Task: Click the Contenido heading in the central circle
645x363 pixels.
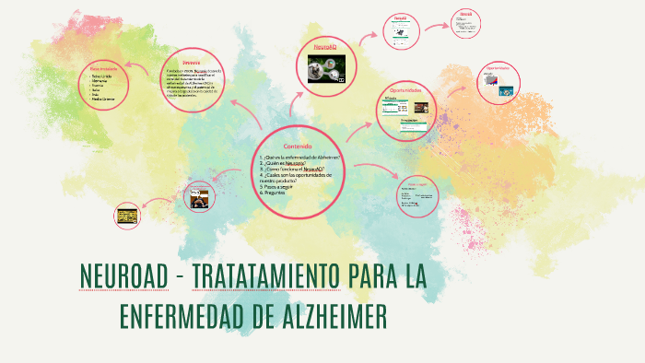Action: tap(297, 146)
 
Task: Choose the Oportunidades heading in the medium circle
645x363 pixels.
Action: tap(405, 90)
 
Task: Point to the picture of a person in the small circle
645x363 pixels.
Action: tap(200, 196)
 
